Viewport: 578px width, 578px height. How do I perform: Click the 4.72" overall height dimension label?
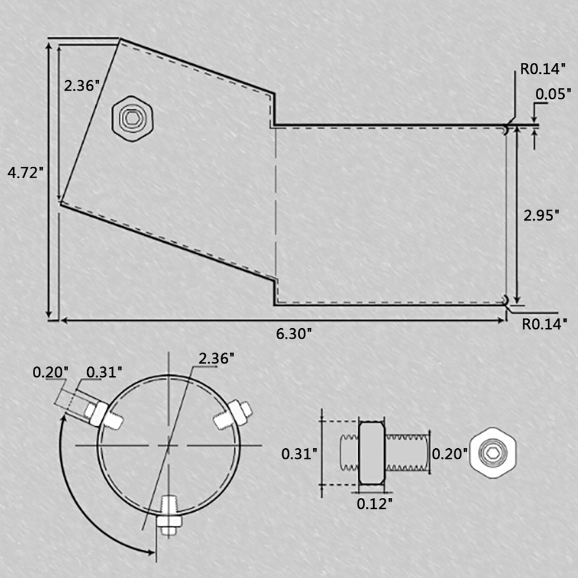click(25, 172)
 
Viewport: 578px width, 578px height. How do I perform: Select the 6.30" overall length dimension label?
click(294, 333)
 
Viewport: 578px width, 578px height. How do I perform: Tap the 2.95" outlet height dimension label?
click(541, 215)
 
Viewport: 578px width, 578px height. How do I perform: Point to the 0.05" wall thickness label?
click(553, 94)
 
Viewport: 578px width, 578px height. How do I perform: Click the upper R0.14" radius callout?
click(543, 69)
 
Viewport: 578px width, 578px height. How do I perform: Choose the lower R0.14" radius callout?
click(545, 324)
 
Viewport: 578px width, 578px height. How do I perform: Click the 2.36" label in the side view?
click(82, 85)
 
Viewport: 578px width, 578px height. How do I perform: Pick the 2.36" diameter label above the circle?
click(216, 358)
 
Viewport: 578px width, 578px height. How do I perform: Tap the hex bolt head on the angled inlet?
click(132, 118)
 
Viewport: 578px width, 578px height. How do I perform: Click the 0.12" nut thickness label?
click(374, 504)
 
